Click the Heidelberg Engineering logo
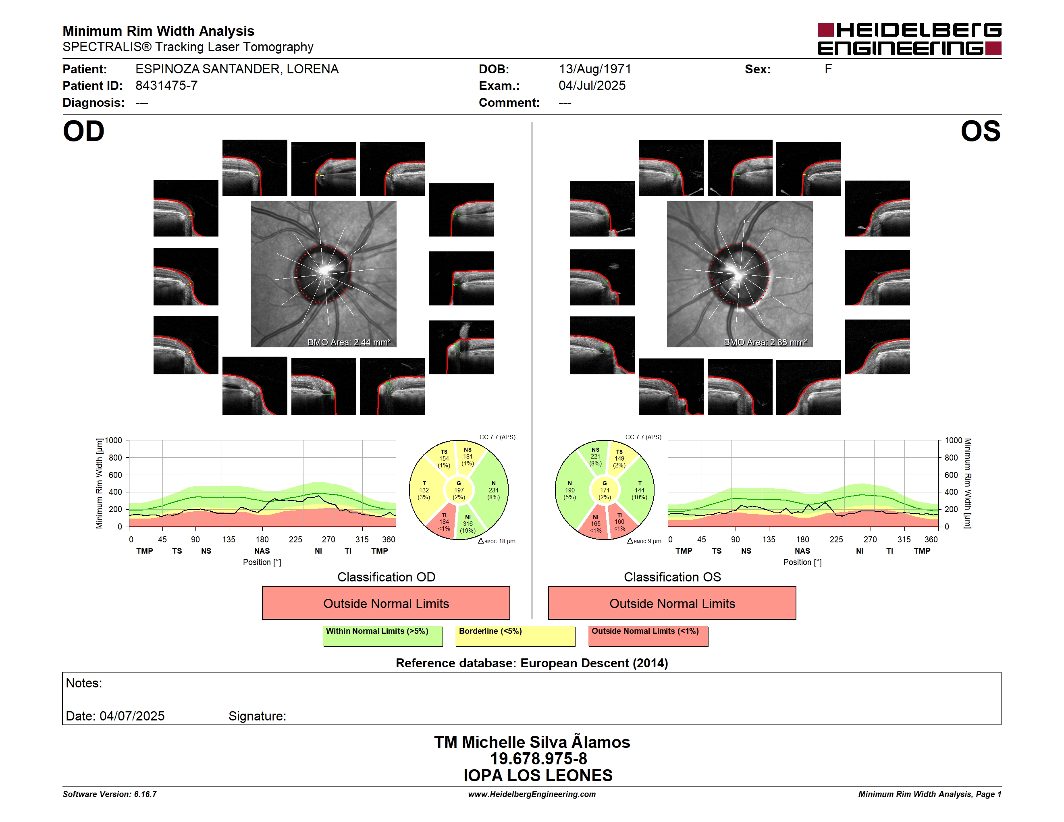click(x=909, y=39)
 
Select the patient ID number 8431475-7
click(x=166, y=86)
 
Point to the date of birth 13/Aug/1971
click(x=595, y=69)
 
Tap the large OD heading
click(x=83, y=131)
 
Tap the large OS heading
click(x=980, y=131)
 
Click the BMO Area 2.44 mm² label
click(x=349, y=342)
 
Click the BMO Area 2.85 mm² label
click(x=765, y=342)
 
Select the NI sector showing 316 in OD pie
click(x=469, y=523)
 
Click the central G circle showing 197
click(x=458, y=490)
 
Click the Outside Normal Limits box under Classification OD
click(x=386, y=603)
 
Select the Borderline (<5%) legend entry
click(x=515, y=636)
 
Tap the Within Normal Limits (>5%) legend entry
click(x=382, y=636)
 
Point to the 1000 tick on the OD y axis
click(x=114, y=440)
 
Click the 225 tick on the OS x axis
click(x=836, y=540)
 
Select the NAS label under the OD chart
click(x=262, y=551)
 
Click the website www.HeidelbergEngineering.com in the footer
click(x=532, y=794)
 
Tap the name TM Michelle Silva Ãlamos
click(x=532, y=742)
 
